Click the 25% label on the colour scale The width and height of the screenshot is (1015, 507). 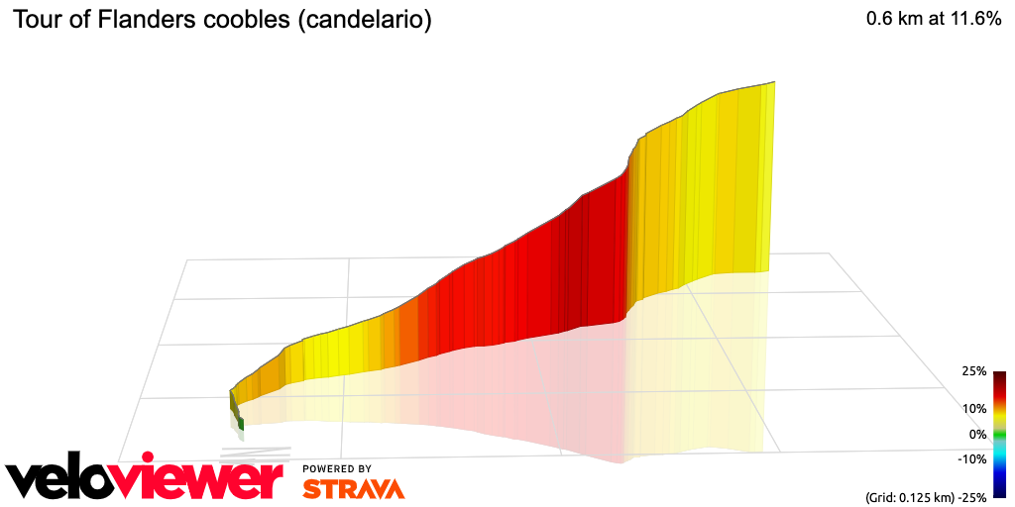click(973, 372)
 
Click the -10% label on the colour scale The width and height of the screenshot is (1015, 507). click(971, 458)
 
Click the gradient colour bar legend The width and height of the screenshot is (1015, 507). click(999, 434)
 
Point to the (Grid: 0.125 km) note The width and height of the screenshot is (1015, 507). click(908, 495)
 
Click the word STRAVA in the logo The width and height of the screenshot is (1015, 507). click(353, 489)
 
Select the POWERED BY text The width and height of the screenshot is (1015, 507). click(337, 468)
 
